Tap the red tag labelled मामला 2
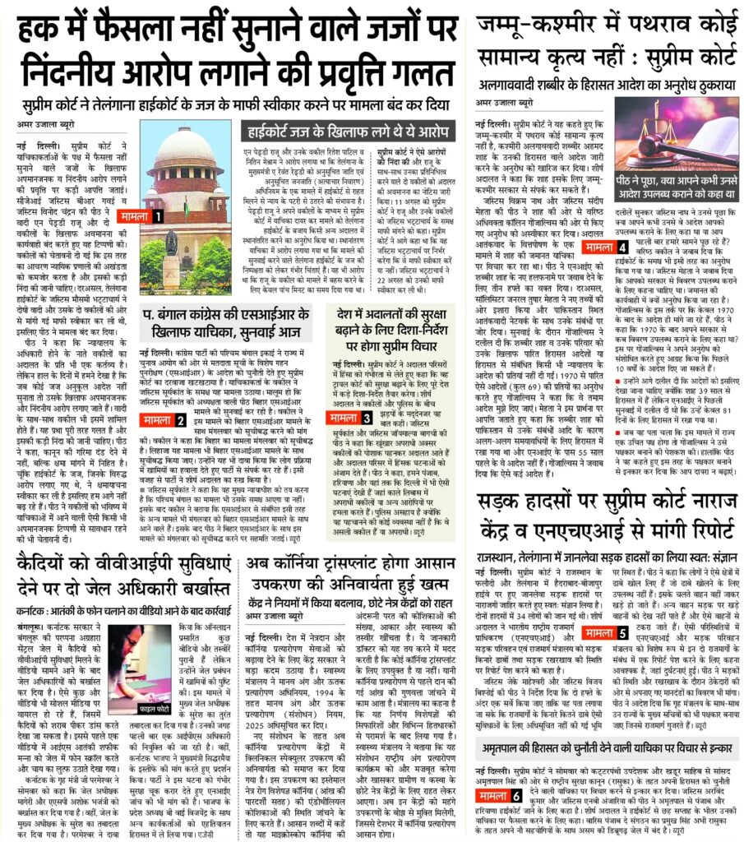click(163, 420)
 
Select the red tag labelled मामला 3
click(355, 418)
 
